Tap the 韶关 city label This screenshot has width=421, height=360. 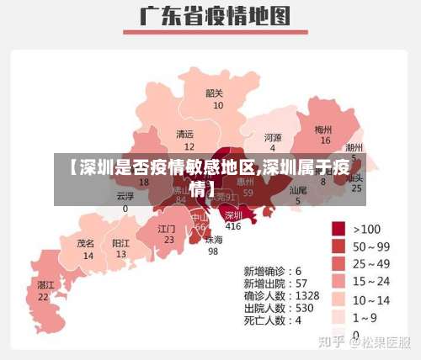tap(215, 93)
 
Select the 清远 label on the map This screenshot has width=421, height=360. tap(184, 134)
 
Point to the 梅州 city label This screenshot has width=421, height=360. tap(323, 130)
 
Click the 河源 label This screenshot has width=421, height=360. tap(273, 137)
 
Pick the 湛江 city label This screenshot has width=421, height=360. tap(45, 285)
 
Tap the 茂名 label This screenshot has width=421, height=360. tap(86, 242)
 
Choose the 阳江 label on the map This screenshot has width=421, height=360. tap(121, 242)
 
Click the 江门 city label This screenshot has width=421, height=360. tap(167, 228)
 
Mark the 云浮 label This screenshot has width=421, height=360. tap(125, 196)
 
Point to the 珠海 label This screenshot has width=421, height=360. tap(214, 239)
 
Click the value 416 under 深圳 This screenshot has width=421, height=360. tap(233, 226)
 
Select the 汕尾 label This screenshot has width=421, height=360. tap(298, 190)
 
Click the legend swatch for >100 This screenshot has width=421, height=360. tap(339, 228)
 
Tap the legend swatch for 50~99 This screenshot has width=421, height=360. tap(339, 246)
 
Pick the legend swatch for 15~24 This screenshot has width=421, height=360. tap(339, 281)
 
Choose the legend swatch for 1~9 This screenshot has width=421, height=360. tap(339, 316)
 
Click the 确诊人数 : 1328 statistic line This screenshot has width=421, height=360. tap(281, 295)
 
